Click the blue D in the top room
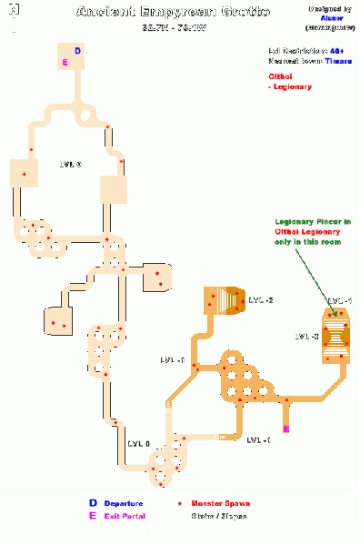pyautogui.click(x=76, y=52)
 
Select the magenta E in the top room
pyautogui.click(x=65, y=62)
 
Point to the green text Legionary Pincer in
pyautogui.click(x=308, y=222)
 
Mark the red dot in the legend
pyautogui.click(x=179, y=503)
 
